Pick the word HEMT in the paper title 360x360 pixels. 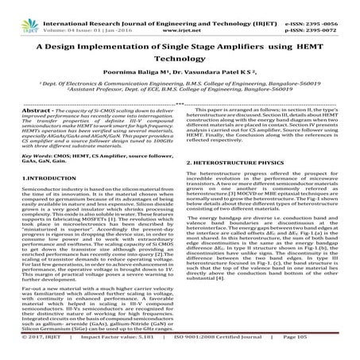coord(311,45)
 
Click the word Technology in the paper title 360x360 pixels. coord(180,60)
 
